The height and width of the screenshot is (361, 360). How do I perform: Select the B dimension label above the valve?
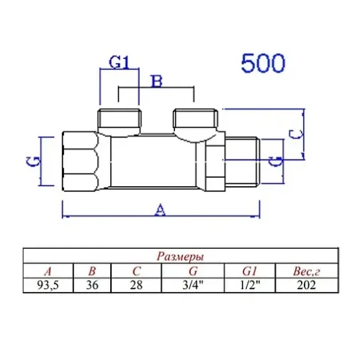[x=155, y=81]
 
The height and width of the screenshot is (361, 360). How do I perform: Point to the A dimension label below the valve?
[x=161, y=209]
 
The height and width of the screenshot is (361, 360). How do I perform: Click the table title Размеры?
[x=179, y=256]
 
